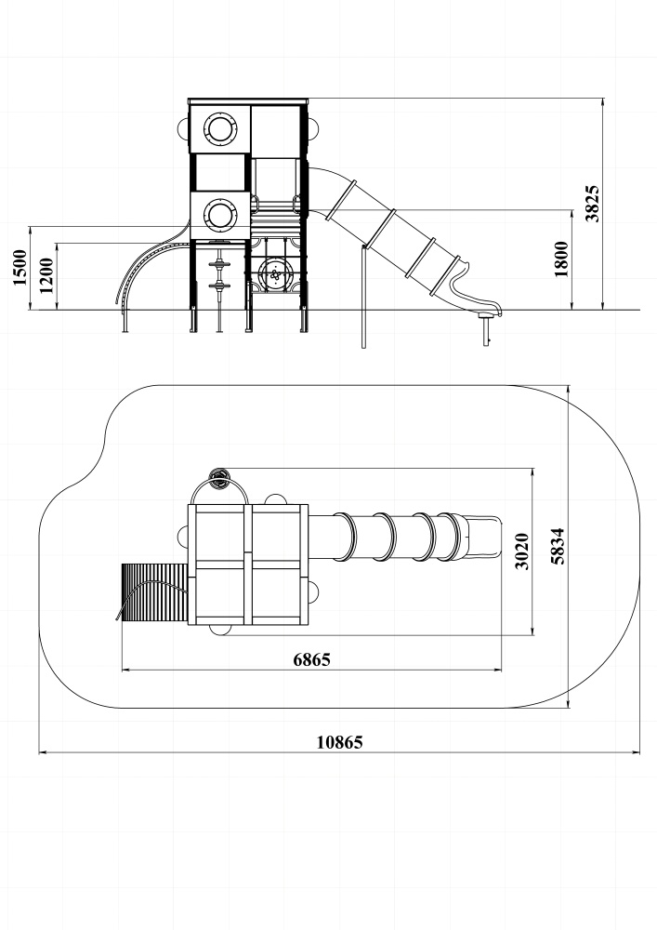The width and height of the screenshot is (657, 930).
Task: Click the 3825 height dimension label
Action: point(593,204)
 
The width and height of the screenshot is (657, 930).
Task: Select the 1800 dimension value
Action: point(561,259)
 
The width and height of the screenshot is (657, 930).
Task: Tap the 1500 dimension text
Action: point(20,268)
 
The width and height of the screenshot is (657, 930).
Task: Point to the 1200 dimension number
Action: point(46,275)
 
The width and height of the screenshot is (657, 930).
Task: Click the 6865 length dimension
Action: point(311,659)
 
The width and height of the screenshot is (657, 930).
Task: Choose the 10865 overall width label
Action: point(339,742)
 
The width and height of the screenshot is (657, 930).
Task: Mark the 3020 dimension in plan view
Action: point(522,551)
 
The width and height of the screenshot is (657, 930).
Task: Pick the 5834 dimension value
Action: point(558,546)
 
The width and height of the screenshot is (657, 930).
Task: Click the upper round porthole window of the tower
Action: point(220,128)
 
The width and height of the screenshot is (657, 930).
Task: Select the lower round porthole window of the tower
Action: point(220,215)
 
